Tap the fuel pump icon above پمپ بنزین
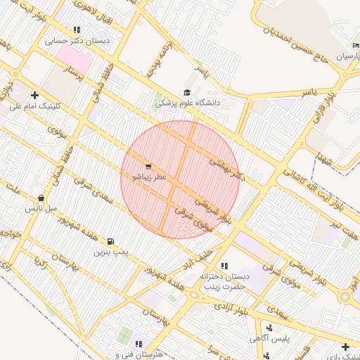click(x=110, y=241)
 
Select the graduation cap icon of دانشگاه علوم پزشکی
click(x=187, y=93)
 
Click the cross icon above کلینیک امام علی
click(x=34, y=95)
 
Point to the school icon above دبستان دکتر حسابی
click(x=77, y=30)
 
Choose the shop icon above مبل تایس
click(x=42, y=198)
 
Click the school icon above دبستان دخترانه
click(x=224, y=266)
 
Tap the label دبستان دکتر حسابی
click(x=77, y=41)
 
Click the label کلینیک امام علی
click(x=35, y=106)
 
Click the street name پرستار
click(x=73, y=72)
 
